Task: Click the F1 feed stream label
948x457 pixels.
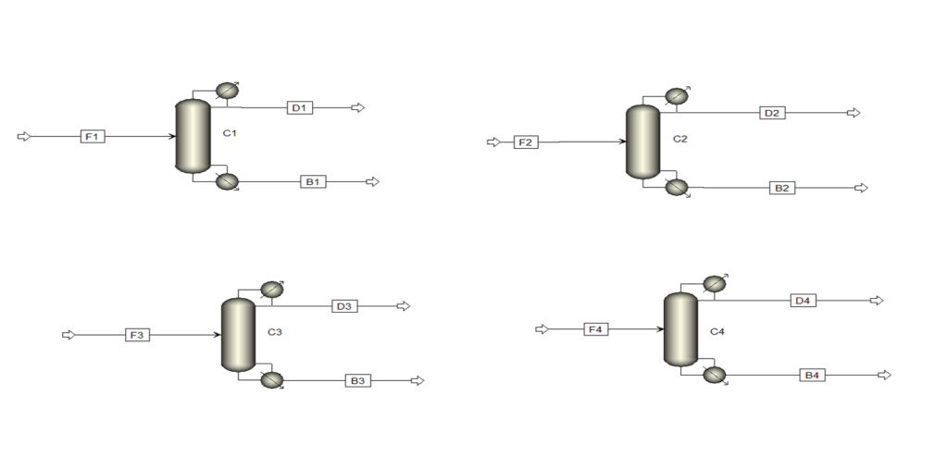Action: tap(93, 137)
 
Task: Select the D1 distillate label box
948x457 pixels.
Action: tap(300, 107)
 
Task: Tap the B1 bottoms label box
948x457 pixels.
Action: tap(313, 181)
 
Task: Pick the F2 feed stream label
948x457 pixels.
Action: tap(526, 142)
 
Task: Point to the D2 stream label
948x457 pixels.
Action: tap(773, 113)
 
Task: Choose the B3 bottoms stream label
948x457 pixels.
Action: tap(358, 380)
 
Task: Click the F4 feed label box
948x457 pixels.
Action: tap(595, 329)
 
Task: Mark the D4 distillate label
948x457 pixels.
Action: tap(803, 301)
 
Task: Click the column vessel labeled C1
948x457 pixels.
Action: tap(193, 136)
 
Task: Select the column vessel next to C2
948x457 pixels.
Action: tap(642, 142)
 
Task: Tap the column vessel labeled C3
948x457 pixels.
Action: tap(239, 334)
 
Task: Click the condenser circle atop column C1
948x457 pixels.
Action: tap(228, 91)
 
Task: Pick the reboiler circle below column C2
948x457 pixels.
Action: tap(677, 188)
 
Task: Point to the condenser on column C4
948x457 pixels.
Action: tap(716, 283)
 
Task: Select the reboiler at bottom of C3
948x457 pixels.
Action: tap(272, 379)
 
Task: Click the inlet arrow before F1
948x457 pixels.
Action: tap(23, 137)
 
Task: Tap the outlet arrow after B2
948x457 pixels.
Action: tap(861, 188)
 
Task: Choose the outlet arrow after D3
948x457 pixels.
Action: tap(404, 306)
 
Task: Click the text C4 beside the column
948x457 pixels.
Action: tap(717, 332)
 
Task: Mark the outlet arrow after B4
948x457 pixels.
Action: tap(884, 375)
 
